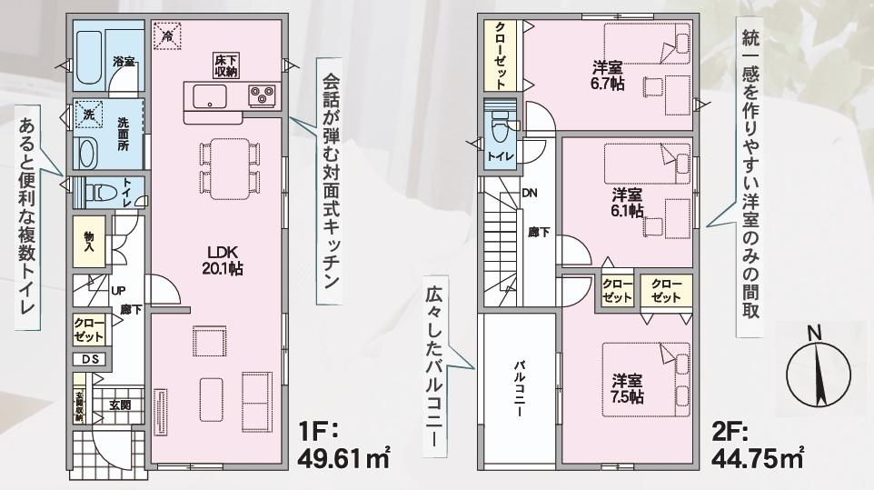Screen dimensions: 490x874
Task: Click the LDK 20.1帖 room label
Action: coord(222,260)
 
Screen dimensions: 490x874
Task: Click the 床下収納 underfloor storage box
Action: coord(225,66)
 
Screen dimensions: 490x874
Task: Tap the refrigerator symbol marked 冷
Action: coord(167,35)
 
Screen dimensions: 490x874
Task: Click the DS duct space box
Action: coord(89,358)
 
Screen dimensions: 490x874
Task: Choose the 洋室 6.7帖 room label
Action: coord(608,75)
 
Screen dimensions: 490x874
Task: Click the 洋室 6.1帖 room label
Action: coord(628,202)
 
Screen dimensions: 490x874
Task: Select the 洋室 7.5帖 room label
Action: coord(627,388)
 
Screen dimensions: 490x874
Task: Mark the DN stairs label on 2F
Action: coord(530,193)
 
